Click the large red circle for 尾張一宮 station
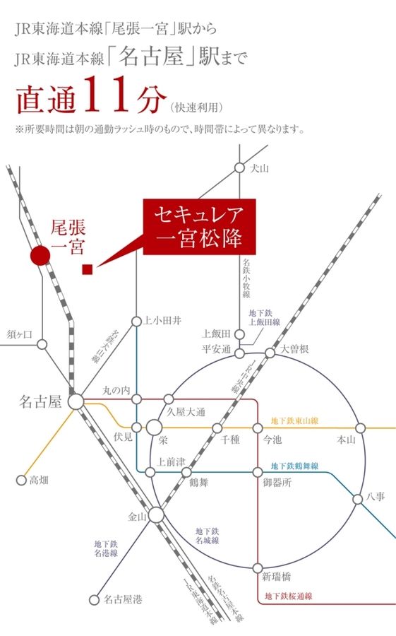[x=40, y=255]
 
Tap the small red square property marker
[x=88, y=269]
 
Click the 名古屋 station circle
[x=76, y=401]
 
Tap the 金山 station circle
[x=156, y=517]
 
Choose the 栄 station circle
[x=155, y=428]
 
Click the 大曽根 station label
[x=295, y=349]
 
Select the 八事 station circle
[x=359, y=497]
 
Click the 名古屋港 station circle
[x=94, y=600]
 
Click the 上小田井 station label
[x=162, y=320]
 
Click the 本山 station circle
[x=361, y=428]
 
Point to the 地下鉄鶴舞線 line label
[x=295, y=466]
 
